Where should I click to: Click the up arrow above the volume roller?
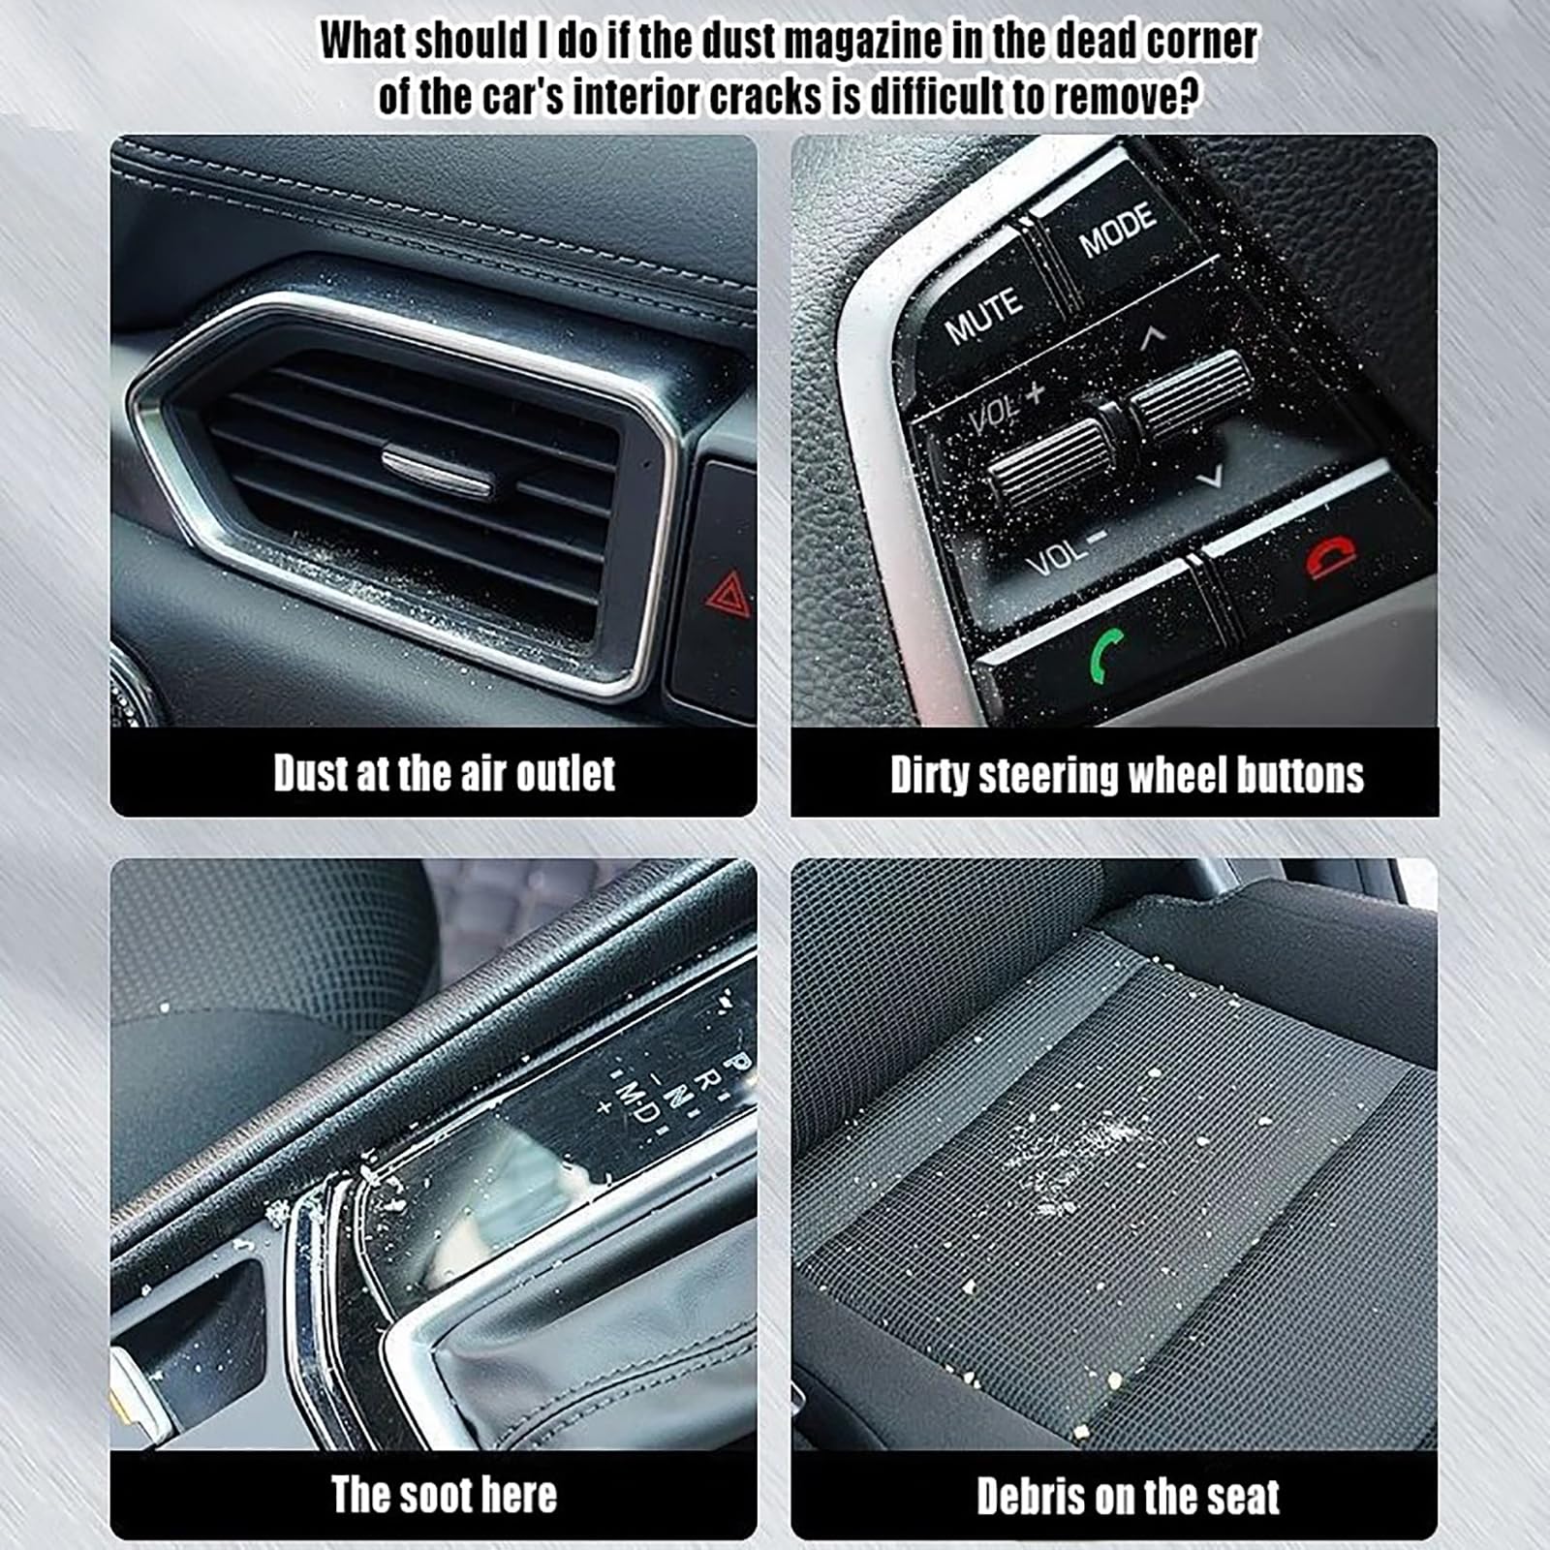click(x=1152, y=336)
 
